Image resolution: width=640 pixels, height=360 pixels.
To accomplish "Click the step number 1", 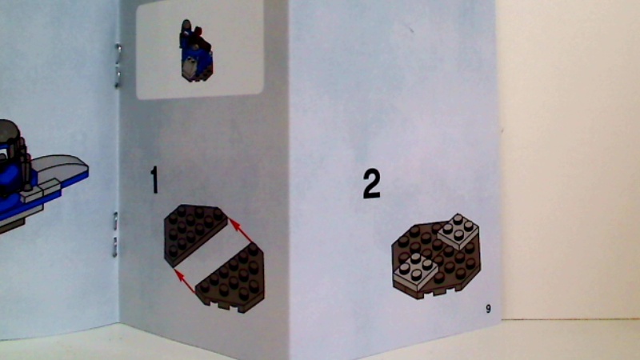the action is (154, 179).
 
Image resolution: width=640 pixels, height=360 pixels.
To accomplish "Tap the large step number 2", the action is (371, 185).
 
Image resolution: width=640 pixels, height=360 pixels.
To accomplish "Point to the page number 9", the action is (488, 309).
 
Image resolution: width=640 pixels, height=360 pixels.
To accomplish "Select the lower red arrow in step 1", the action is (185, 281).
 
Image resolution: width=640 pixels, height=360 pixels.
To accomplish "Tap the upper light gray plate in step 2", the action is (458, 230).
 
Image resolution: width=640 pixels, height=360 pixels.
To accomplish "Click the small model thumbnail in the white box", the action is (196, 51).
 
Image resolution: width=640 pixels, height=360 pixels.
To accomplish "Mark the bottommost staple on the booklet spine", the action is (114, 246).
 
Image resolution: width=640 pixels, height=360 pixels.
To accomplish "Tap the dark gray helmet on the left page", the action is (10, 132).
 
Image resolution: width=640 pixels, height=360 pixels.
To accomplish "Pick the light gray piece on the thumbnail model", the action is (190, 68).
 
